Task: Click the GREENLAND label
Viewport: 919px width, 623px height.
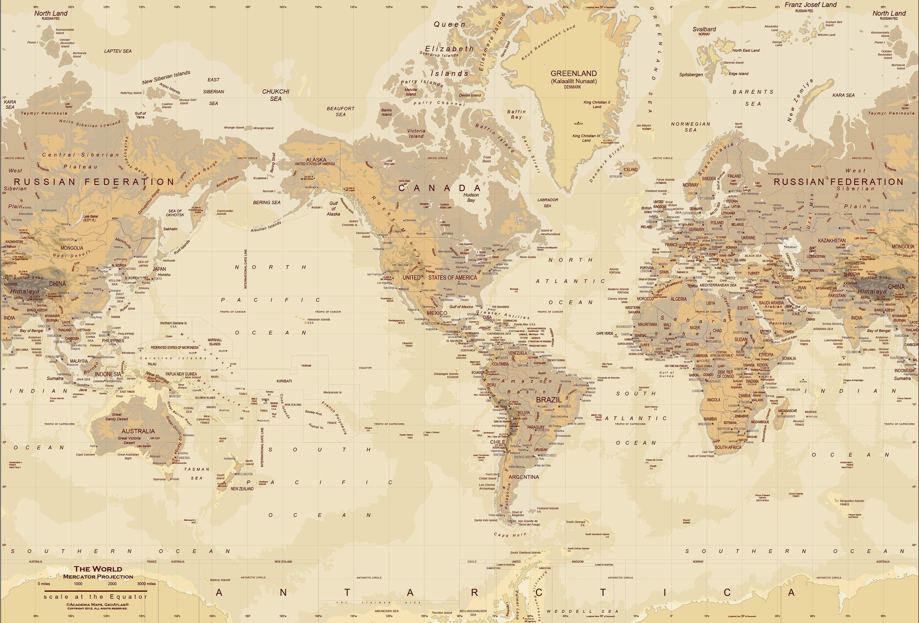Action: click(x=573, y=74)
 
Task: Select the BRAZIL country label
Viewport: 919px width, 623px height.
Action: click(x=548, y=400)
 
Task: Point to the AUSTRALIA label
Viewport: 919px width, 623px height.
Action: click(x=138, y=431)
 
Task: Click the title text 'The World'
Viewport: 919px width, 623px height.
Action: click(x=98, y=569)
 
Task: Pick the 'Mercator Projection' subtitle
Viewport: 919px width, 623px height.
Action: click(x=98, y=577)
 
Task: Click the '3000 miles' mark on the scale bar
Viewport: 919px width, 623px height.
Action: click(x=146, y=584)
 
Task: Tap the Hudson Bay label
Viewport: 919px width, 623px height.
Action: click(x=471, y=197)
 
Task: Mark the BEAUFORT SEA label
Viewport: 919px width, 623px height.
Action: click(x=340, y=111)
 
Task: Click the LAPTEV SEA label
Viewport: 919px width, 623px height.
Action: click(x=118, y=51)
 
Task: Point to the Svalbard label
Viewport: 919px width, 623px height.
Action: click(x=704, y=29)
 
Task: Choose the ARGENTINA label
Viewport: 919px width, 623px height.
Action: click(x=524, y=477)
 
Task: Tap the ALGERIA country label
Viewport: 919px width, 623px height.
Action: click(x=679, y=299)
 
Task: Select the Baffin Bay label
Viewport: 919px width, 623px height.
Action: click(x=516, y=114)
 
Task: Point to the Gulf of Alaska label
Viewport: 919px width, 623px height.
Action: click(x=333, y=208)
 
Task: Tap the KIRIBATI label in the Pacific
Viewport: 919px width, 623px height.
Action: click(x=284, y=381)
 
